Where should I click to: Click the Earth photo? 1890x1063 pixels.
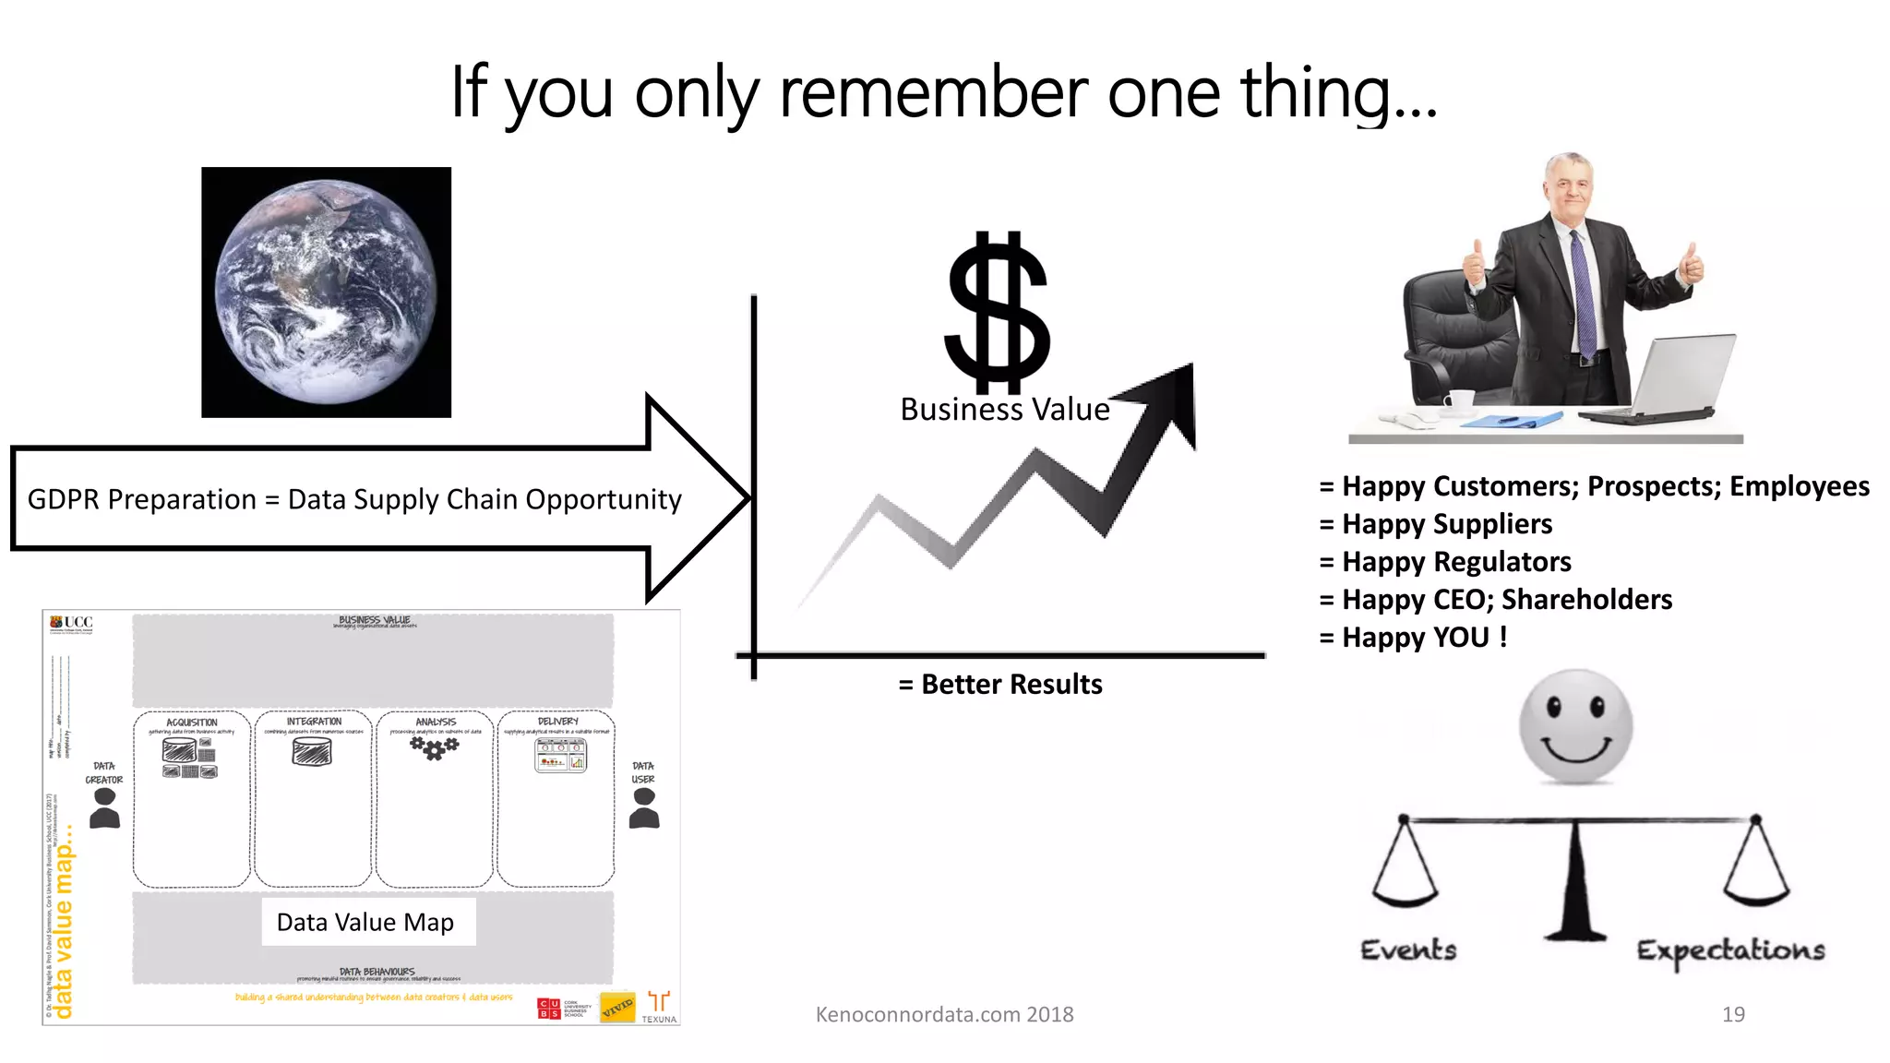pos(326,292)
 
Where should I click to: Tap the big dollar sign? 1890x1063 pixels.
pos(998,312)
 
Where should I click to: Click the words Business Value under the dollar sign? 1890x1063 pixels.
pos(1004,410)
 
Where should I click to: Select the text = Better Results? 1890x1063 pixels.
pos(1000,685)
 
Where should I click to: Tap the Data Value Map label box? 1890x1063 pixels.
pos(366,922)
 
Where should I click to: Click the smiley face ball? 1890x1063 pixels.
pos(1575,727)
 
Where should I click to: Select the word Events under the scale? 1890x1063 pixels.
pos(1408,950)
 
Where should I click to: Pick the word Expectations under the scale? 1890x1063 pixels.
pos(1730,950)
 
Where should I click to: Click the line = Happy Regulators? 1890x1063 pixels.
pos(1445,562)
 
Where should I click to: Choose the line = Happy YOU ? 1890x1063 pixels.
pos(1413,638)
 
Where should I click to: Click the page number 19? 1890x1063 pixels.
pos(1733,1014)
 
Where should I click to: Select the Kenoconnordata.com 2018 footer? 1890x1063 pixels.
pos(944,1014)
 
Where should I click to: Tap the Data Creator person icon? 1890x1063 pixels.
pos(105,808)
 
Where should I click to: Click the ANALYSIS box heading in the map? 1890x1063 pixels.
pos(436,722)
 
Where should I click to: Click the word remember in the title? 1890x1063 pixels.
pos(934,93)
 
